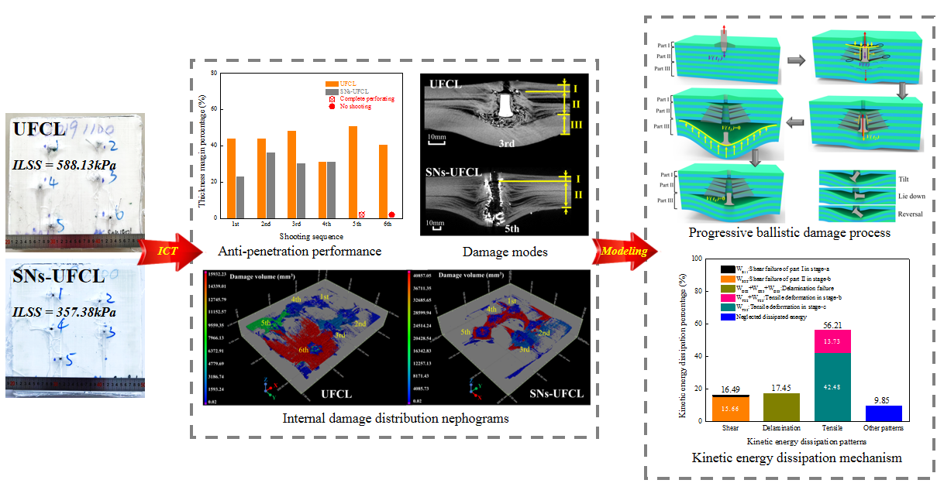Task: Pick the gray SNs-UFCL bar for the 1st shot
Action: [239, 197]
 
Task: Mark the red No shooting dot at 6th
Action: [391, 214]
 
